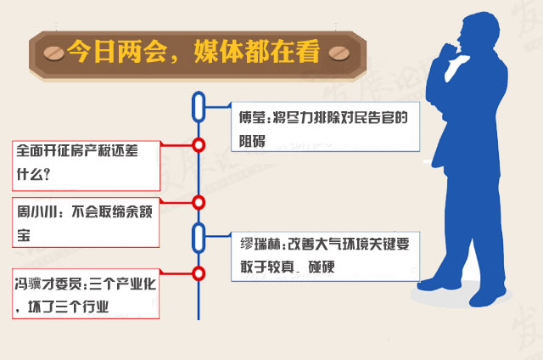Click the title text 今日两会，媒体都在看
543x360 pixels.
[193, 53]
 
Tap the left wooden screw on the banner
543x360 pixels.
[54, 53]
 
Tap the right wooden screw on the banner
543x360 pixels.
[339, 53]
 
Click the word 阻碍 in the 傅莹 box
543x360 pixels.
[252, 141]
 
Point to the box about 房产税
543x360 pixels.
[86, 166]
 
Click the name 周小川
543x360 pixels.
[37, 211]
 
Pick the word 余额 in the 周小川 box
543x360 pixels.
[138, 211]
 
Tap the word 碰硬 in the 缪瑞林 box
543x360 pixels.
[322, 267]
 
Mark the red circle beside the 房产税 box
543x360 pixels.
[199, 145]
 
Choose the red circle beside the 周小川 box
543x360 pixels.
[199, 202]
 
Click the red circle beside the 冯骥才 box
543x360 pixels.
[199, 273]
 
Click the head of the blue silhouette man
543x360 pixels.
[479, 33]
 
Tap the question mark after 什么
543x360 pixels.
[48, 174]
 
